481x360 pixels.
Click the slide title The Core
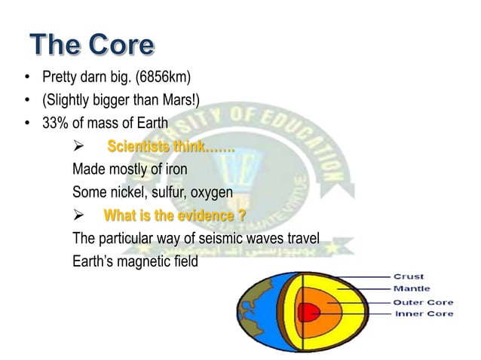[93, 45]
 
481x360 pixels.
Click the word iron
[173, 169]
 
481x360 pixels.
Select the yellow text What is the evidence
[173, 216]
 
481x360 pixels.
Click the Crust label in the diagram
[407, 276]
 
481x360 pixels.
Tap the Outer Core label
[421, 302]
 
